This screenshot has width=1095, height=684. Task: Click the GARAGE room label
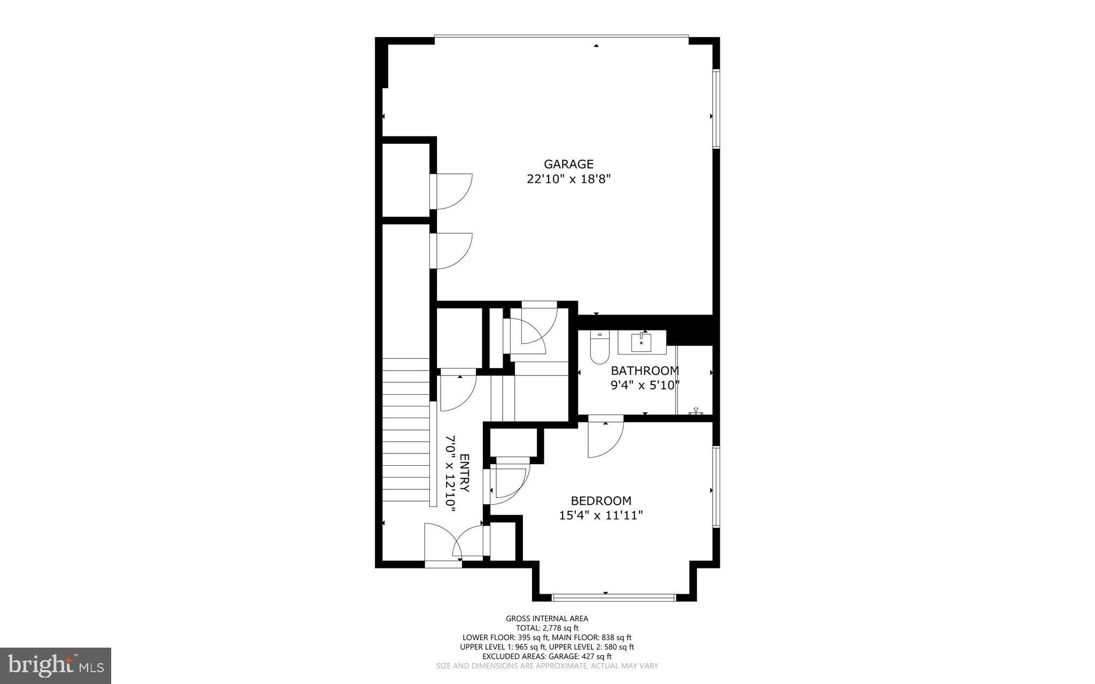(568, 164)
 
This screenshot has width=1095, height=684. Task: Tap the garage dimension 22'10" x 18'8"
(568, 179)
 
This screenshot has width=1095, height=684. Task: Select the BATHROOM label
(645, 371)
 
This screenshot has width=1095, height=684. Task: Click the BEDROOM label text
(601, 501)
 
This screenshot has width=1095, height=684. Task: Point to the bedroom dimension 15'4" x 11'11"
(600, 516)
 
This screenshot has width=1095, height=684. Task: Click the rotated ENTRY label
(464, 473)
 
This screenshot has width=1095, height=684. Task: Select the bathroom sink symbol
(641, 342)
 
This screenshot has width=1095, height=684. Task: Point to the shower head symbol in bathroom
(696, 411)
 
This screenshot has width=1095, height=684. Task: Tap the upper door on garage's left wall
(452, 191)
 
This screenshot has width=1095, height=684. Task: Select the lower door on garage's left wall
(452, 250)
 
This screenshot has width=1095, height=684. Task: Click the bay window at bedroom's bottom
(614, 597)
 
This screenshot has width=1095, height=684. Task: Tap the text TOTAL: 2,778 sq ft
(547, 628)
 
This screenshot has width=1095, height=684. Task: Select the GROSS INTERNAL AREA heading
(547, 619)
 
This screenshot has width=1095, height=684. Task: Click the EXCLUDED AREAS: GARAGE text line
(547, 656)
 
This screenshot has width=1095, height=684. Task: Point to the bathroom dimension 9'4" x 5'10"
(645, 385)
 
